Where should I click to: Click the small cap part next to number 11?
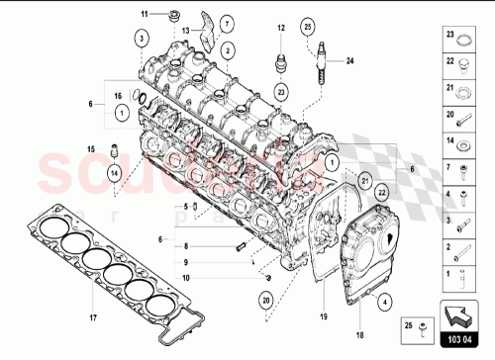point(174,15)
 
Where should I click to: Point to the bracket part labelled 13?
point(207,27)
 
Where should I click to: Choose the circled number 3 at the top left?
point(143,38)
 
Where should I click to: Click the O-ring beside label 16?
point(141,98)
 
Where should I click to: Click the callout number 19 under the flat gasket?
point(323,316)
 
